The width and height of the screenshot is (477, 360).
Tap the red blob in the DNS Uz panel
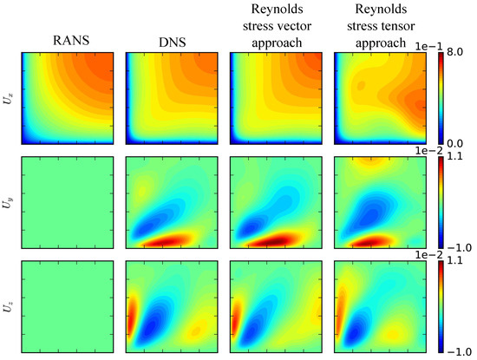(131, 311)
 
